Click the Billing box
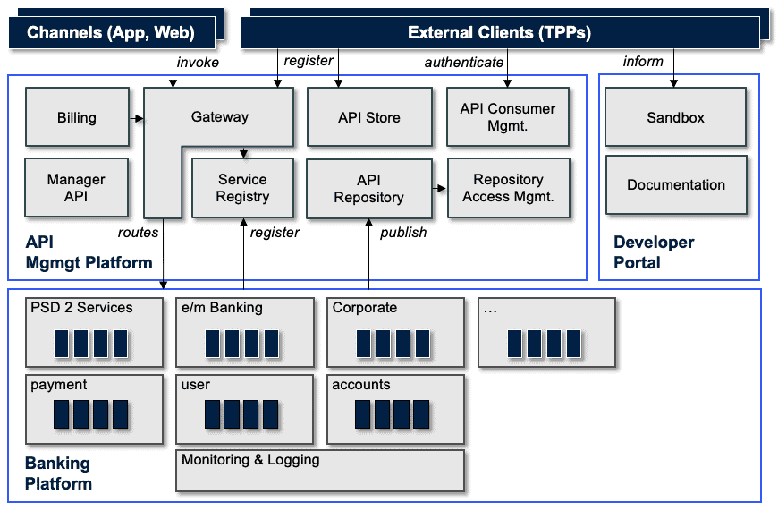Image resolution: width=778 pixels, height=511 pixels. pos(77,117)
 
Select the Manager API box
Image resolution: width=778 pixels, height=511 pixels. pos(76,188)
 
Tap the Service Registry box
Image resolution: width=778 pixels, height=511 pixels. pos(242,188)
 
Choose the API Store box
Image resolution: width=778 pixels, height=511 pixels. pos(369,117)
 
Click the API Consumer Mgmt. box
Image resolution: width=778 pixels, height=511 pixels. pos(508,117)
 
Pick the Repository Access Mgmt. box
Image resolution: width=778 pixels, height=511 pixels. pos(509,188)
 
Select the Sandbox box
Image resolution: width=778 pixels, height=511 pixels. pos(675,117)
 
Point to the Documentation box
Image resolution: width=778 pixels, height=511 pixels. pos(676,184)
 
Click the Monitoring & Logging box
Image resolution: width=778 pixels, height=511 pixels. pos(320,471)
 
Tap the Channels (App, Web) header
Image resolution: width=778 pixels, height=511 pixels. pos(112,33)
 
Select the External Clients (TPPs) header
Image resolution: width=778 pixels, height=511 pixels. pos(500,33)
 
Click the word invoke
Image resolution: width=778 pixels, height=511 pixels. pos(198,62)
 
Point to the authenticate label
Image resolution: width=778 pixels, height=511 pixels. pos(464,62)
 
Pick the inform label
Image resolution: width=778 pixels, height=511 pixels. pos(643,61)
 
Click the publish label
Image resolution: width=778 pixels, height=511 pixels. pos(403,233)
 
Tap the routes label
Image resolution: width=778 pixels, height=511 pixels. pos(138,233)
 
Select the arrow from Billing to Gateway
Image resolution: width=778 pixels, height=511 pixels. pos(137,118)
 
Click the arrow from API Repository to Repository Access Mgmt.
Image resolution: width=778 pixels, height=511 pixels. pos(440,188)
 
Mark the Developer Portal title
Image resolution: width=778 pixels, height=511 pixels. pos(654,252)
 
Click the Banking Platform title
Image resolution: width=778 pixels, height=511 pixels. pos(58,473)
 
